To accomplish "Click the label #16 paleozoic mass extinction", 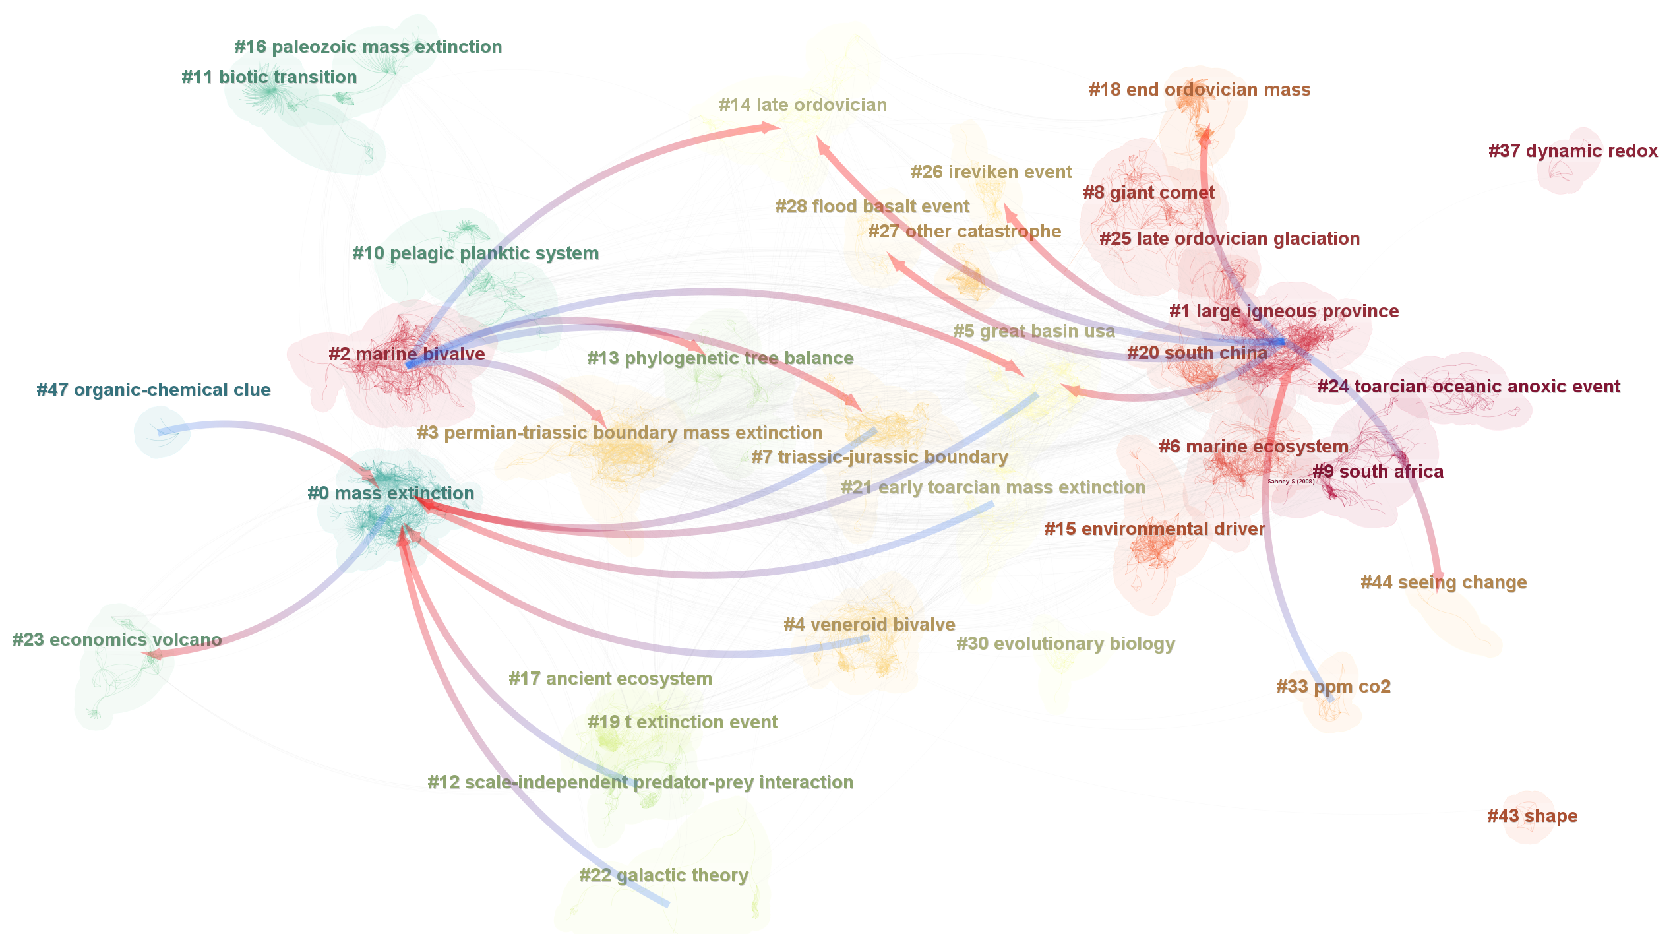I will point(368,47).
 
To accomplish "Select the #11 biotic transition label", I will point(269,77).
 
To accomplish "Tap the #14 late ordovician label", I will point(803,105).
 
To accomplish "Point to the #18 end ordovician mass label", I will point(1199,90).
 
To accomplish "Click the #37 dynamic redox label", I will point(1572,151).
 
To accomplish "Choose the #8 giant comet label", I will point(1148,193).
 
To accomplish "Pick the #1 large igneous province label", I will point(1283,311).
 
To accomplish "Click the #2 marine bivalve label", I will point(406,354).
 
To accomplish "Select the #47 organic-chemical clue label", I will point(153,390).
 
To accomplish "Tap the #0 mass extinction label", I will point(390,493).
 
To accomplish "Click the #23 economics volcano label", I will point(117,640).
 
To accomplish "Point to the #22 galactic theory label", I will point(663,875).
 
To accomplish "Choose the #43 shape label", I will point(1532,816).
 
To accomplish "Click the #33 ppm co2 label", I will point(1333,687).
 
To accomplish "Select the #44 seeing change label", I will point(1443,582).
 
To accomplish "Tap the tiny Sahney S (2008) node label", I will point(1291,482).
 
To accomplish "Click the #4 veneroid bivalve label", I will point(869,625).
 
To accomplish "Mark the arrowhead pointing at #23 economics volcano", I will point(153,655).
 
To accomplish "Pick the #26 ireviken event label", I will point(991,172).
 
